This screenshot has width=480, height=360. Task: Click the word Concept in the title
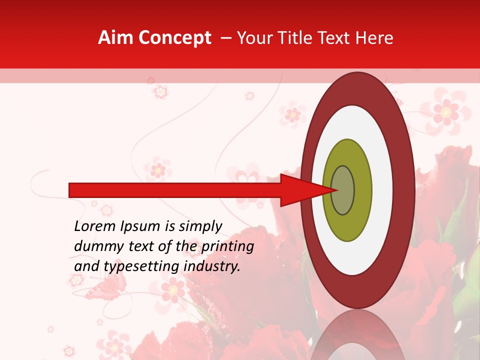pos(174,38)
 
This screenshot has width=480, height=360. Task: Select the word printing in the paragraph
pos(227,246)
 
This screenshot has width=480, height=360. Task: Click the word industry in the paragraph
pos(212,266)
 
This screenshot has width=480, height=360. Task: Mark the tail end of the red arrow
pos(70,190)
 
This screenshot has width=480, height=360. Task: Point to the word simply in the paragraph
pos(199,226)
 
